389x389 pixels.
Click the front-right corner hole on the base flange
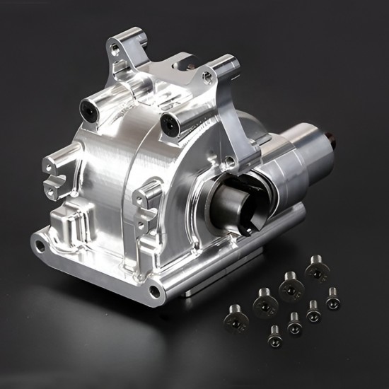(x=153, y=289)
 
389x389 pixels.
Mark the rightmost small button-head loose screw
(x=332, y=300)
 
